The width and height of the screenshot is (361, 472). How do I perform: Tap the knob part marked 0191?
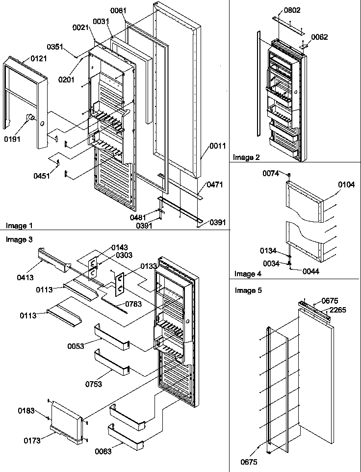(30, 117)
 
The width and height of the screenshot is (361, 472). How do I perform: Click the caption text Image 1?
(19, 226)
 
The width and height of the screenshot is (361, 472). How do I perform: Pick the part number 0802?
(292, 10)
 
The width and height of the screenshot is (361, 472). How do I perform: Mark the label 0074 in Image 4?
(270, 173)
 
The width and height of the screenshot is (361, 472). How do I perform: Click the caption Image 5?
(248, 290)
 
